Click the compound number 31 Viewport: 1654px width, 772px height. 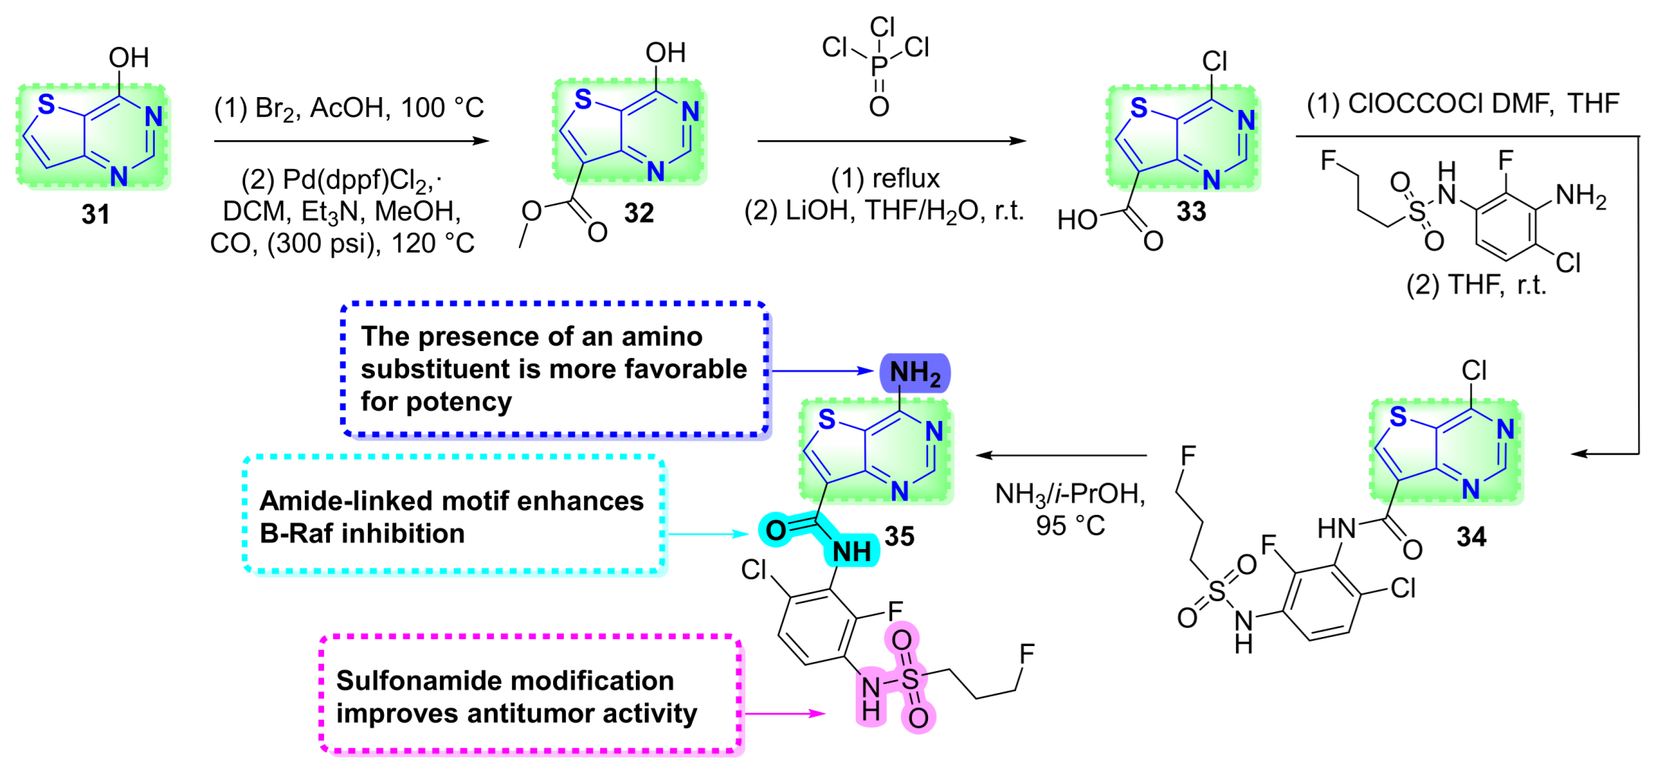[96, 215]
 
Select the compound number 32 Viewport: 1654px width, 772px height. [639, 213]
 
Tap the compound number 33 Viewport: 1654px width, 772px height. [1191, 212]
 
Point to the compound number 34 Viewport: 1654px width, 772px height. [1471, 537]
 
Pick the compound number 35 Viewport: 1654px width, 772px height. [899, 537]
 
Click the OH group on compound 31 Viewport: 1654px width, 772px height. [128, 58]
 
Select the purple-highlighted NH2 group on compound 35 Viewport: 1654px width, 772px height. [915, 373]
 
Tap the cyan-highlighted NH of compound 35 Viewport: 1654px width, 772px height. [852, 552]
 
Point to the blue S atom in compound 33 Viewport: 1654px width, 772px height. [1139, 108]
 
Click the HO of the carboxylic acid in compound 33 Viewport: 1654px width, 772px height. [1077, 220]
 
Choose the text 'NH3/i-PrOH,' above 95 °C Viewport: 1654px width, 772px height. [1070, 494]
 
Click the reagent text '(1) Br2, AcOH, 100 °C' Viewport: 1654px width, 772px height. [349, 108]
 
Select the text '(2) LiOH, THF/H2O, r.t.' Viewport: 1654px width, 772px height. [884, 211]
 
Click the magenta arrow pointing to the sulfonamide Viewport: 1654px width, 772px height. [785, 714]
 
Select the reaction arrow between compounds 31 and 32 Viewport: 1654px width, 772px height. [351, 141]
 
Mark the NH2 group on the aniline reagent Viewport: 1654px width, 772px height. [1580, 196]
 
